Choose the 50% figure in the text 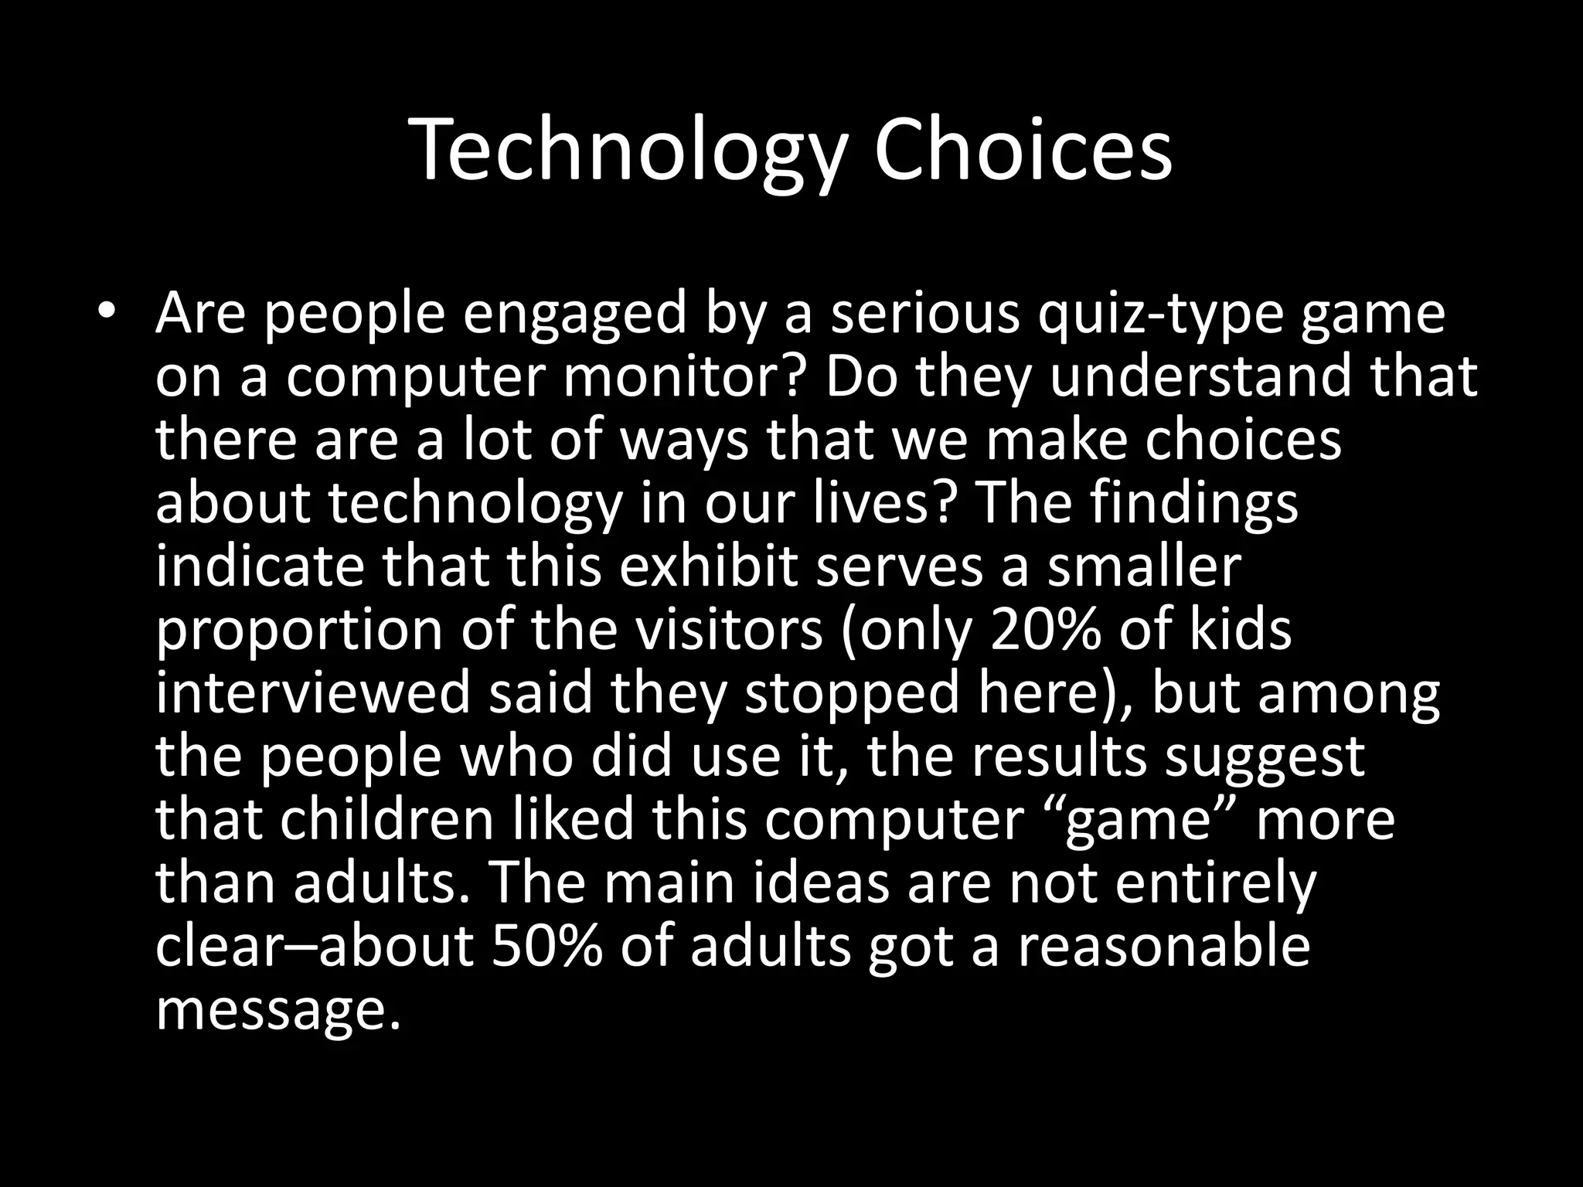coord(546,946)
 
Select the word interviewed coord(312,693)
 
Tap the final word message coord(279,1011)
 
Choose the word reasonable coord(1163,946)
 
